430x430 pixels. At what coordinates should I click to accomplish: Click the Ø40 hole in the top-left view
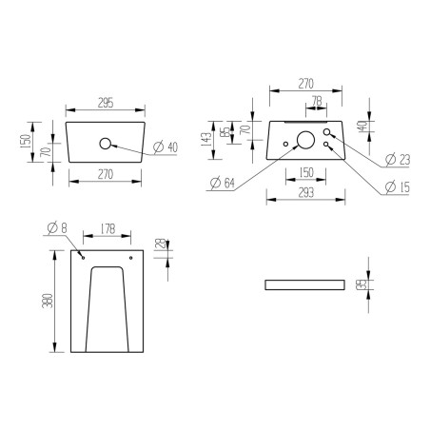[105, 146]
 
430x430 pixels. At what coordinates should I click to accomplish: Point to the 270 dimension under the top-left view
[105, 175]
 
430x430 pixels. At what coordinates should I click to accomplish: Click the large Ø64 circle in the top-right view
[306, 141]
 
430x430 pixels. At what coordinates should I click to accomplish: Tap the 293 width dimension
[305, 192]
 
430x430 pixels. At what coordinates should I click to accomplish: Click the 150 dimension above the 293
[306, 172]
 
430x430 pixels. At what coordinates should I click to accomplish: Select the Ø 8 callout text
[56, 227]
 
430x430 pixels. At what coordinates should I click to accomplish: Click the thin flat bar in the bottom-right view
[305, 283]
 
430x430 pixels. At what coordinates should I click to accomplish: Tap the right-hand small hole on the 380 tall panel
[131, 257]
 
